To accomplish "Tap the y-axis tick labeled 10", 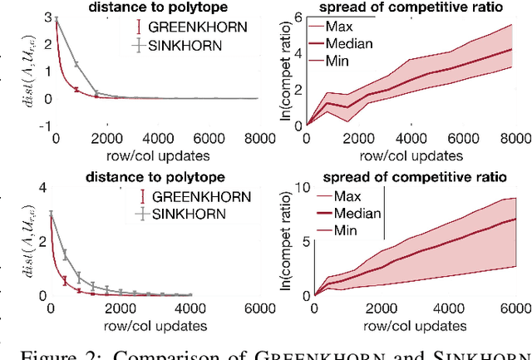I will (x=298, y=189).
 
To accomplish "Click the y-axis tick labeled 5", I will (x=301, y=242).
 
